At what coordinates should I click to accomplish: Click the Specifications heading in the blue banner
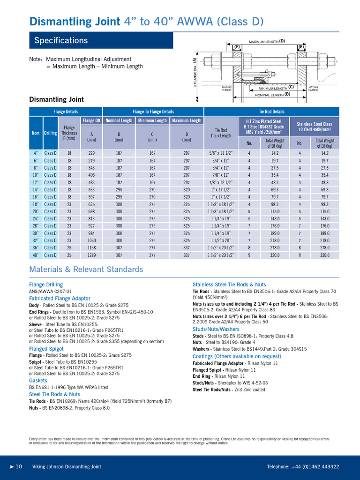[x=61, y=40]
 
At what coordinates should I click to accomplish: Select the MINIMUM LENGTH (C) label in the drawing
[x=275, y=88]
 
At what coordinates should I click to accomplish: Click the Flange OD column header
[x=91, y=120]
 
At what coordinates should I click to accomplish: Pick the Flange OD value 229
[x=91, y=153]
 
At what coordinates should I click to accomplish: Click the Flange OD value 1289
[x=91, y=255]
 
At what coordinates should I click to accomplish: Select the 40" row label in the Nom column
[x=36, y=255]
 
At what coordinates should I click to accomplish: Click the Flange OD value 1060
[x=91, y=240]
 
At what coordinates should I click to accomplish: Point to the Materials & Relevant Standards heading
[x=86, y=270]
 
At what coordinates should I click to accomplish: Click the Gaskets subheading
[x=38, y=381]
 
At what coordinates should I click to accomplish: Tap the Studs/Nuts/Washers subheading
[x=216, y=330]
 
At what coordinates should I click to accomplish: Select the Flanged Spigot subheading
[x=46, y=349]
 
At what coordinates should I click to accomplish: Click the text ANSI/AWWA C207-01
[x=50, y=291]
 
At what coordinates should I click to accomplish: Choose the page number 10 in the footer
[x=19, y=466]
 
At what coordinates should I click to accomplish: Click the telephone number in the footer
[x=303, y=466]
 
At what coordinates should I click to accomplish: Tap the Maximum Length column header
[x=187, y=120]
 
